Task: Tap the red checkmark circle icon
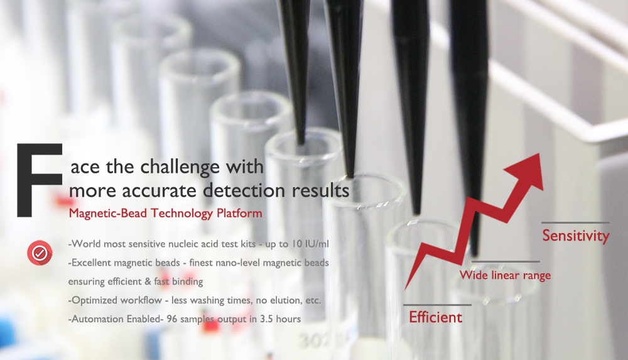[39, 253]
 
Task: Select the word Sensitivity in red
[575, 236]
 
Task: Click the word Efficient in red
[435, 317]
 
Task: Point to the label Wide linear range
[505, 275]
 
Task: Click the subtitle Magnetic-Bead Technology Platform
[165, 213]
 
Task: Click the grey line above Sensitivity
[575, 222]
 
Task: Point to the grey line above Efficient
[437, 305]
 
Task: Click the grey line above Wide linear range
[506, 261]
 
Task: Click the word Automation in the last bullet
[96, 319]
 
